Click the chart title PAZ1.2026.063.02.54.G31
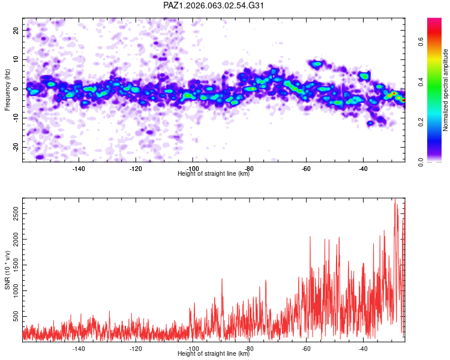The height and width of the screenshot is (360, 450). (x=213, y=5)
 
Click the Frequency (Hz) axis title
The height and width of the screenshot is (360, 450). (x=7, y=89)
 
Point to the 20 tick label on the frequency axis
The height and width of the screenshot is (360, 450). (x=16, y=30)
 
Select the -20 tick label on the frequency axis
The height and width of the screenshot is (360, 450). (x=16, y=147)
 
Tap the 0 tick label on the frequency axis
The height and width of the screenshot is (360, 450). (x=16, y=89)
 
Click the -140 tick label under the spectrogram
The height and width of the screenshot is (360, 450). (x=79, y=169)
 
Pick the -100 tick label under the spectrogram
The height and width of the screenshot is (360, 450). (x=192, y=169)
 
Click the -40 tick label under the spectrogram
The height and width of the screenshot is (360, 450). (x=363, y=169)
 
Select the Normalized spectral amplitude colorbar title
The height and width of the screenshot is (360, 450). (x=445, y=90)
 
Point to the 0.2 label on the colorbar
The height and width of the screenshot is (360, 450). (x=421, y=122)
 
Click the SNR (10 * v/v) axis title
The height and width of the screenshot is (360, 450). (x=7, y=270)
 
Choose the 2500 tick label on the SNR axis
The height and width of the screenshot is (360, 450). (x=16, y=214)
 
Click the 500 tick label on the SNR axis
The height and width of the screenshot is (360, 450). (x=16, y=316)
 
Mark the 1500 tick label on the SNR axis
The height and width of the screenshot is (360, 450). (x=16, y=265)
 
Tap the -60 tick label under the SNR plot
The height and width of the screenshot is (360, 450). (x=306, y=349)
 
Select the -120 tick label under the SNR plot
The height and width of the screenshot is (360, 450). (x=136, y=349)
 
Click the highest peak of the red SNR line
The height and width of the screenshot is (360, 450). (x=395, y=199)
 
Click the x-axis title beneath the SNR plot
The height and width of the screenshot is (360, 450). (x=214, y=353)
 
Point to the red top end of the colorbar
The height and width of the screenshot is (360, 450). (x=434, y=20)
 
